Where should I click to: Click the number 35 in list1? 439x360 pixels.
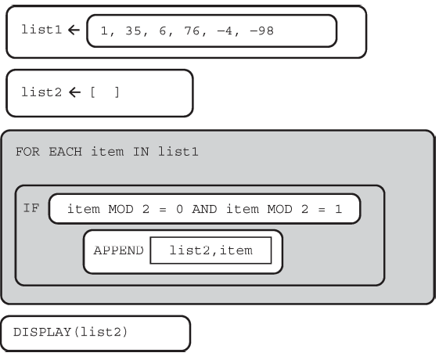[x=133, y=31]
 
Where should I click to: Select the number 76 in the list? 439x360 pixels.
[x=192, y=31]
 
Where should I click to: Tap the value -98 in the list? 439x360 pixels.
[x=261, y=31]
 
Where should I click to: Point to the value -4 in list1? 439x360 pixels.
[x=225, y=31]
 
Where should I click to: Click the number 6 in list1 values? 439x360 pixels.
[x=163, y=31]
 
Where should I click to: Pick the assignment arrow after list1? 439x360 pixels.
[x=74, y=30]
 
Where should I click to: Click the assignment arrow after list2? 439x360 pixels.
[x=74, y=92]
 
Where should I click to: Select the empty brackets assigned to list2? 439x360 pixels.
[x=105, y=92]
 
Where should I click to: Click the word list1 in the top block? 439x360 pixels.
[x=41, y=30]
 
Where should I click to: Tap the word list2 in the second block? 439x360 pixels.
[x=41, y=92]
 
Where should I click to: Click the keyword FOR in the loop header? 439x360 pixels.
[x=27, y=152]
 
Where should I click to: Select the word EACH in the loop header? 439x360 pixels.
[x=66, y=152]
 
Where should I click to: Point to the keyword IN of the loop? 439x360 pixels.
[x=141, y=152]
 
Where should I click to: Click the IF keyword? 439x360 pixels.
[x=31, y=208]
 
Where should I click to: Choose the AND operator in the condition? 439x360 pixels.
[x=204, y=209]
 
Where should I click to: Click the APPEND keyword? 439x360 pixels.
[x=119, y=250]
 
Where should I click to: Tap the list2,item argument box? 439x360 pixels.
[x=211, y=250]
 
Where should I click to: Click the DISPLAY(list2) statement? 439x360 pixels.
[x=70, y=332]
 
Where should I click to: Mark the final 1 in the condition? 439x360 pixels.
[x=339, y=209]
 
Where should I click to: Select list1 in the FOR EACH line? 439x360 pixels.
[x=178, y=152]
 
